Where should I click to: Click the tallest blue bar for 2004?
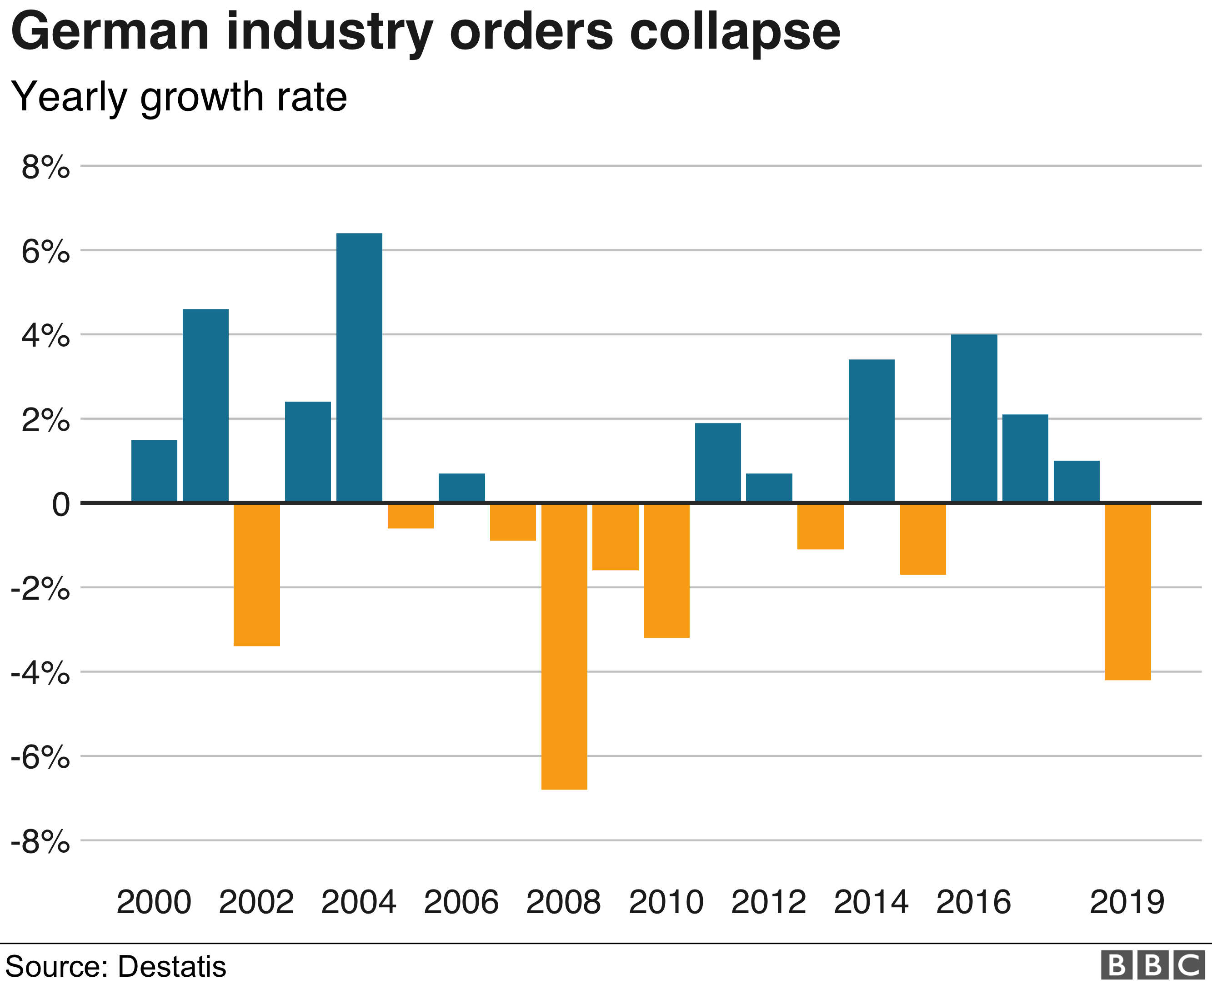pos(359,368)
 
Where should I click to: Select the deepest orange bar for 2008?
pos(564,646)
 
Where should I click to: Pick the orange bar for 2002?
pos(256,574)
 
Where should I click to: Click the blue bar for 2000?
pos(154,471)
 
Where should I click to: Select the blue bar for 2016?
pos(974,418)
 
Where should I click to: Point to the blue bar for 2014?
pos(871,431)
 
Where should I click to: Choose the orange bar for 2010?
pos(666,570)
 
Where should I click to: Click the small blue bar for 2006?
pos(462,487)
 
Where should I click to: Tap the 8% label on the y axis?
pos(45,167)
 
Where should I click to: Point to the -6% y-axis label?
pos(40,757)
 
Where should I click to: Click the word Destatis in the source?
pos(172,966)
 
